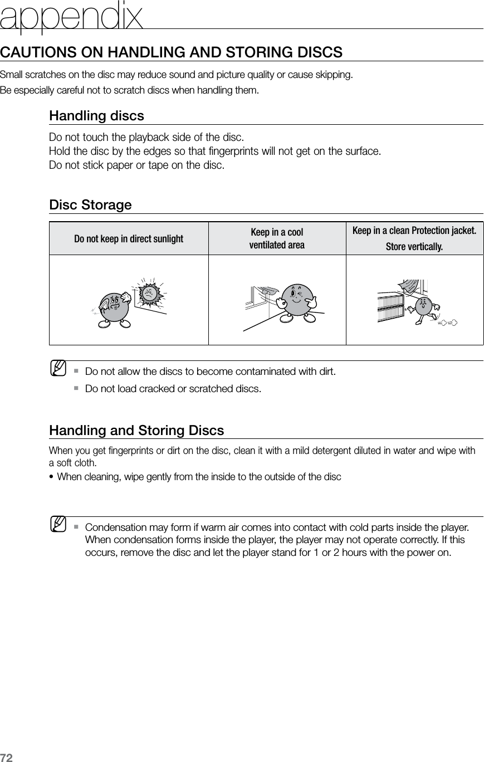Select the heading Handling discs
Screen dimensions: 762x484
point(96,116)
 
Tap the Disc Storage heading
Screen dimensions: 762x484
point(90,205)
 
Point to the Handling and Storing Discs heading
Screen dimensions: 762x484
point(136,431)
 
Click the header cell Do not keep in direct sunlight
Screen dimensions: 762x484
point(129,239)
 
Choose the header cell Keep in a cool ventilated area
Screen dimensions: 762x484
point(277,238)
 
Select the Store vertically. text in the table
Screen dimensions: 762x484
point(414,247)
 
